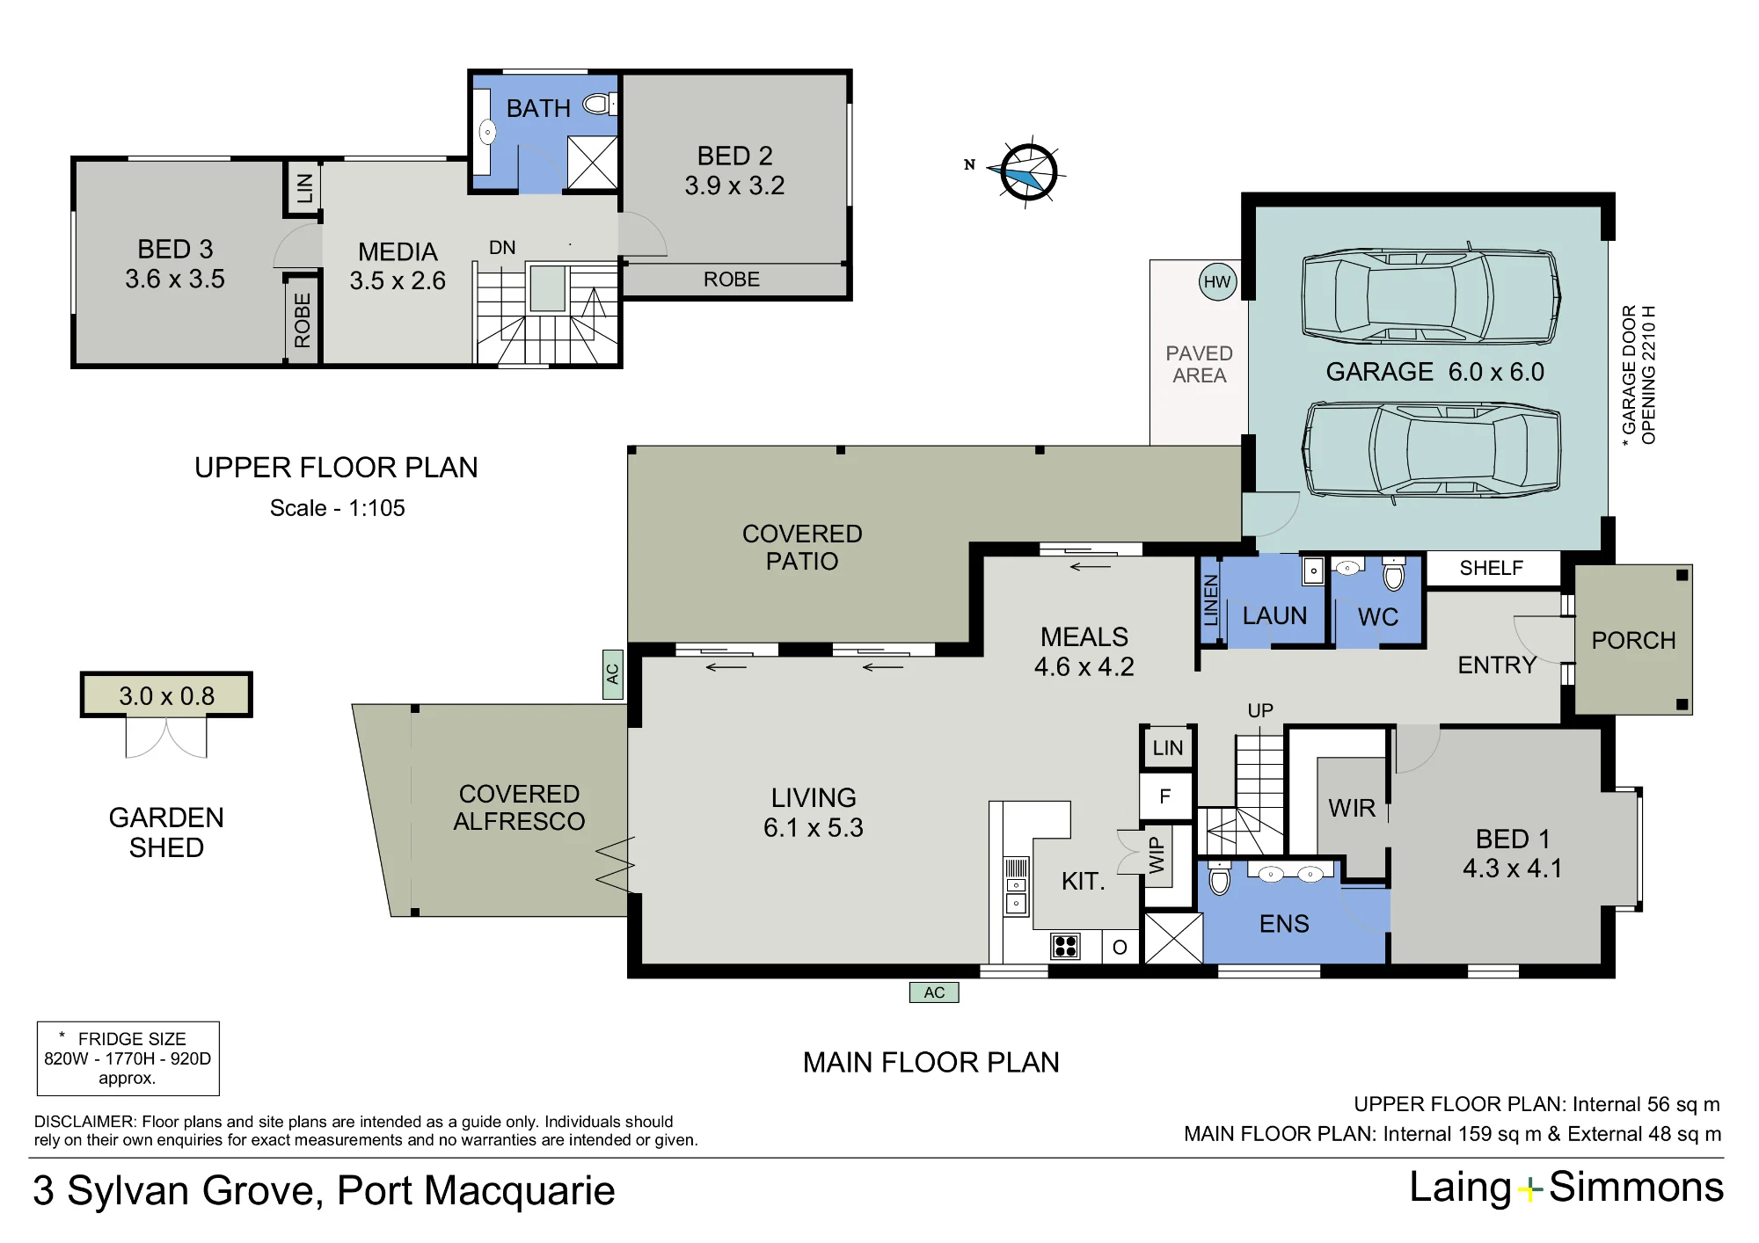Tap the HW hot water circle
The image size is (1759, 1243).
(1217, 282)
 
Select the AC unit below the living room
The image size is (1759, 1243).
(934, 992)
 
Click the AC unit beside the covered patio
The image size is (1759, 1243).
(613, 674)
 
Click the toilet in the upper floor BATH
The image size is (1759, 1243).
(600, 105)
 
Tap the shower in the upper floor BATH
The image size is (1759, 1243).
(592, 163)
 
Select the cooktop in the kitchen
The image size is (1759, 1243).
(1065, 947)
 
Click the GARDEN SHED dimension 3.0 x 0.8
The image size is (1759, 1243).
(166, 696)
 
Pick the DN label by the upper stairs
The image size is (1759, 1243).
(502, 248)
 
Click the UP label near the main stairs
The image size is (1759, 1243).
(1260, 710)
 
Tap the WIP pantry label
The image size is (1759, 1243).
(1157, 854)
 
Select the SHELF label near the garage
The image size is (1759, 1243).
(1492, 568)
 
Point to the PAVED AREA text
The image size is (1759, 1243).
(1200, 364)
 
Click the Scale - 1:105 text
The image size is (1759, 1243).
(338, 508)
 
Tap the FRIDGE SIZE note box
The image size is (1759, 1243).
(128, 1058)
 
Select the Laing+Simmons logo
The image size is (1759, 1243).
(1566, 1188)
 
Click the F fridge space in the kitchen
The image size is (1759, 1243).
(1166, 796)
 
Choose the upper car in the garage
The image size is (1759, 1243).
(1431, 296)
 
